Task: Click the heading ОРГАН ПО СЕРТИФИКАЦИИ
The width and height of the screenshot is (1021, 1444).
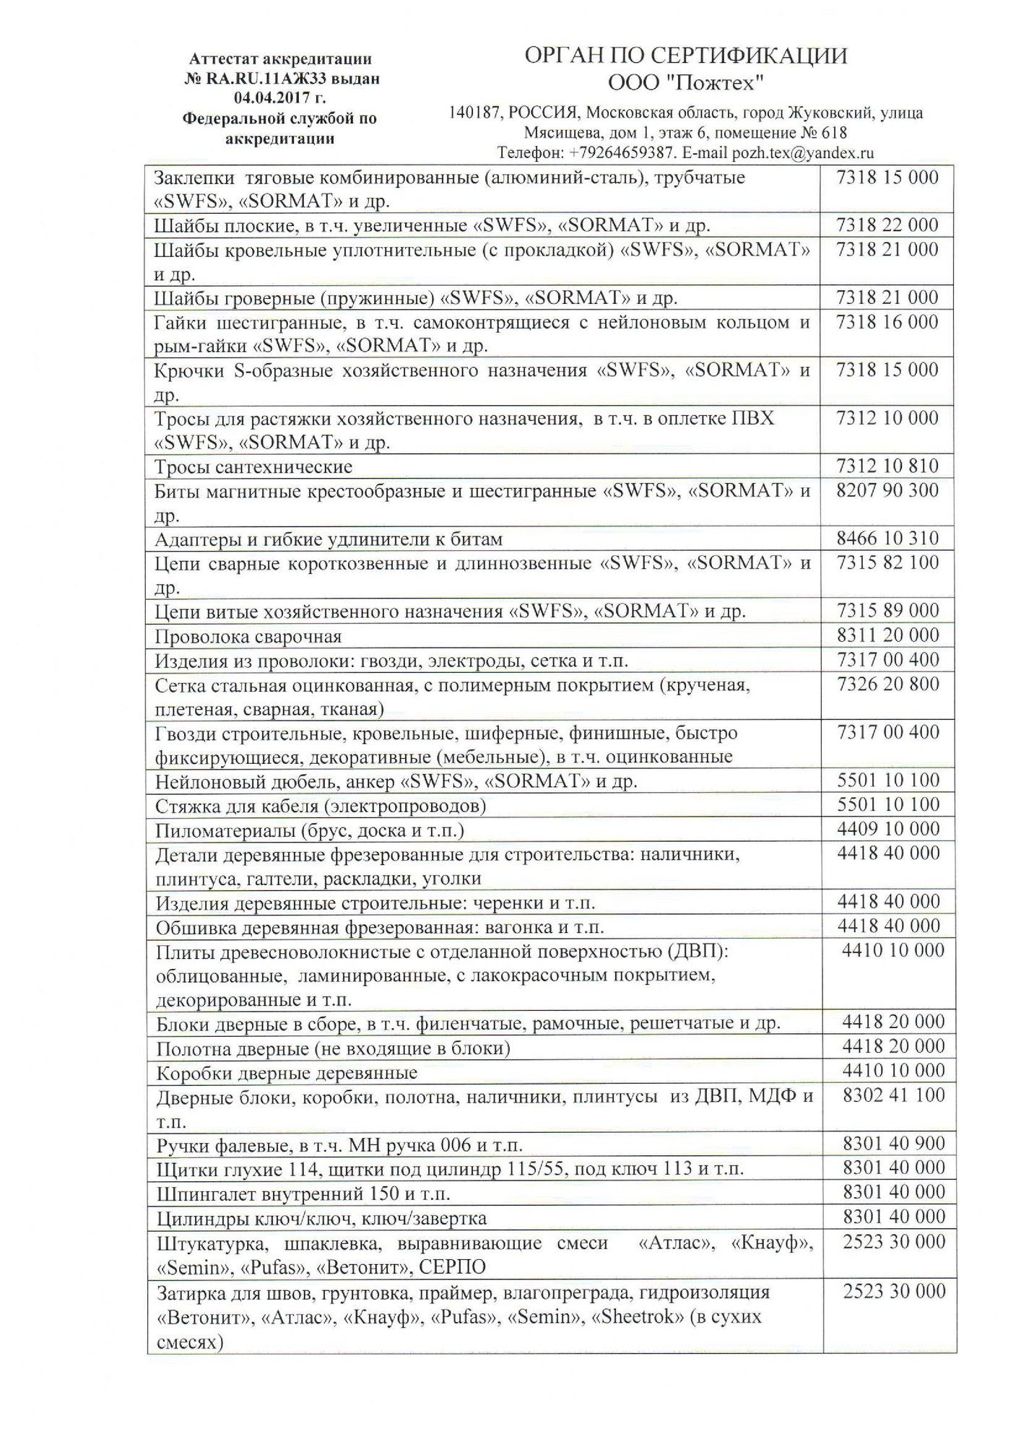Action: point(685,56)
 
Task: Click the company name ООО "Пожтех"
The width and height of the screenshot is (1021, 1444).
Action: point(685,84)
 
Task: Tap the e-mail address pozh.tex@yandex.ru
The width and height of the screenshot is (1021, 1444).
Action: point(803,153)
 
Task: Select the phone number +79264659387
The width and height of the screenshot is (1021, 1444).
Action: point(621,153)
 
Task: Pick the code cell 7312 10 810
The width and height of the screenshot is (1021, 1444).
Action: point(887,466)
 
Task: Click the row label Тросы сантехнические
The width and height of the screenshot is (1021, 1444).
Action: point(253,467)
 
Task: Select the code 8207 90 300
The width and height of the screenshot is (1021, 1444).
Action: point(887,491)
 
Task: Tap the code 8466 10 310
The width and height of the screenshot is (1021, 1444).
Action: point(887,539)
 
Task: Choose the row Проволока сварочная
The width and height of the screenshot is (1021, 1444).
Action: point(248,637)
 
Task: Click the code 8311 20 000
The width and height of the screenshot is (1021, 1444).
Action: point(888,635)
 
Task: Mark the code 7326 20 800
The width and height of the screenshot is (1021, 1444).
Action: point(888,684)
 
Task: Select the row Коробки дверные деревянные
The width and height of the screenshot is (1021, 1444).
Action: point(287,1073)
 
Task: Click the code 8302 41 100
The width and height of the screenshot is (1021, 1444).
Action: point(894,1096)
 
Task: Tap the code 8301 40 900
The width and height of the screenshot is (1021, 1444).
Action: point(894,1144)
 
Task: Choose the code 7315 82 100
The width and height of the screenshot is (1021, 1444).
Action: point(887,562)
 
